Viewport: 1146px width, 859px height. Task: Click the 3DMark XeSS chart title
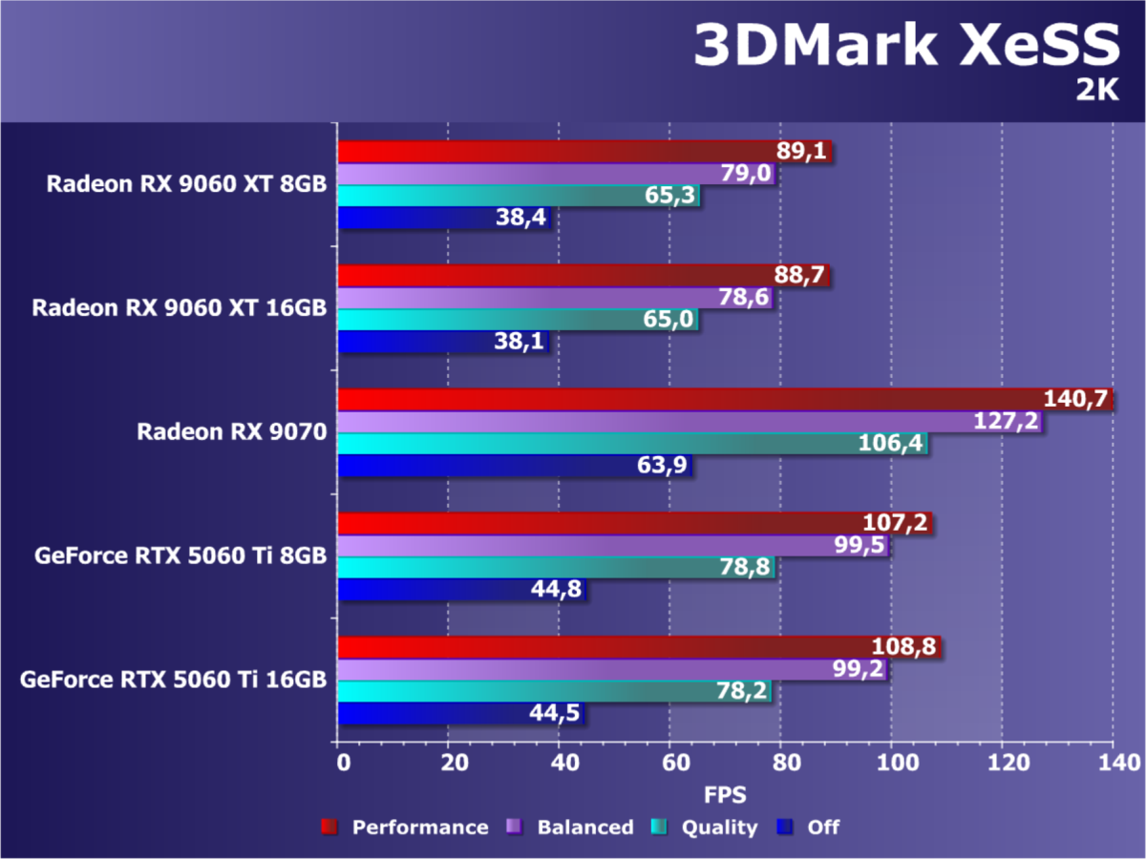(x=904, y=47)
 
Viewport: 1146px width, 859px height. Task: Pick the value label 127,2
(x=1008, y=422)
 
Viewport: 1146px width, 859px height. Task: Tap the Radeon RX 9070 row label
(x=232, y=432)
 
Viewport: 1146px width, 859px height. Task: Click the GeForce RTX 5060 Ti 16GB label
(x=173, y=681)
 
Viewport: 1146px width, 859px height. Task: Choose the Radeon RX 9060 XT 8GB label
(x=187, y=184)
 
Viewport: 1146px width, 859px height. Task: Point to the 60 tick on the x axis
(x=669, y=764)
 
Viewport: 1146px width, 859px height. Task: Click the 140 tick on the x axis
(x=1113, y=764)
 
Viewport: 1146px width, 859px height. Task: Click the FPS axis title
(x=725, y=794)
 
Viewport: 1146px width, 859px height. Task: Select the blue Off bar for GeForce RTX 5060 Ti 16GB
(x=430, y=714)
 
